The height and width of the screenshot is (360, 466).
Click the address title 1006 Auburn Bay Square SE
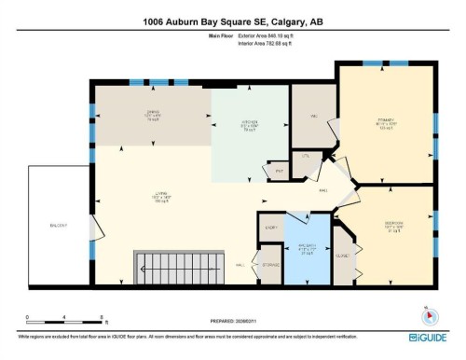232,21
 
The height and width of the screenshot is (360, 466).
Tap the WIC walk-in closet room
315,117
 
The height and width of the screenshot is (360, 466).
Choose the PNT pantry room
278,172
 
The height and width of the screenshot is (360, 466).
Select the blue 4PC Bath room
307,249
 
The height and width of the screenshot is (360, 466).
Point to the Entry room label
272,227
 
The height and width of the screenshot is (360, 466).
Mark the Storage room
270,265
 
